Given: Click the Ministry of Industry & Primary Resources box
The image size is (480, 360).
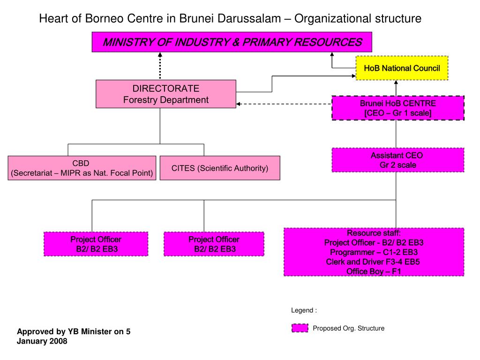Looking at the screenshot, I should (232, 42).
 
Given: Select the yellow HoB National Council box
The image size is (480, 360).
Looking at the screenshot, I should (402, 68).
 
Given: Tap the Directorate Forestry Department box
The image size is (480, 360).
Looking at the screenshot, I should (166, 94).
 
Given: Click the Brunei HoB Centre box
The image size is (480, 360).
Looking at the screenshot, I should (398, 108).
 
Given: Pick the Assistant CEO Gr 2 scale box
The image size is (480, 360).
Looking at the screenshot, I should (398, 160).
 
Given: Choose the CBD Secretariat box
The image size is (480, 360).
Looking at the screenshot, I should (82, 168).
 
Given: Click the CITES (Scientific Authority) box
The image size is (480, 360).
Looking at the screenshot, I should (220, 168).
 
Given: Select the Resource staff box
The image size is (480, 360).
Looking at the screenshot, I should (374, 252).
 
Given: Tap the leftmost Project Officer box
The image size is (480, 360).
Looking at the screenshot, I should (96, 244).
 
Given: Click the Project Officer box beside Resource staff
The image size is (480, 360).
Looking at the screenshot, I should (214, 244).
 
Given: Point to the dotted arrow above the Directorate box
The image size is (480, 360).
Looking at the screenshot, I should (160, 66).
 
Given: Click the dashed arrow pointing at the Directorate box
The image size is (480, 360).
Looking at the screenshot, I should (281, 104).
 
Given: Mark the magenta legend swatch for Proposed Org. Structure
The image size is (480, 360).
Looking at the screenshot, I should (300, 328).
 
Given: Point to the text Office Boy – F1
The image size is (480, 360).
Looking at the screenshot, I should (374, 271).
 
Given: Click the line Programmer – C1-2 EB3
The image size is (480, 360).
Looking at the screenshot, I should (374, 252).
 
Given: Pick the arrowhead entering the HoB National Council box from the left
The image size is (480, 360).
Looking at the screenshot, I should (353, 75).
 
